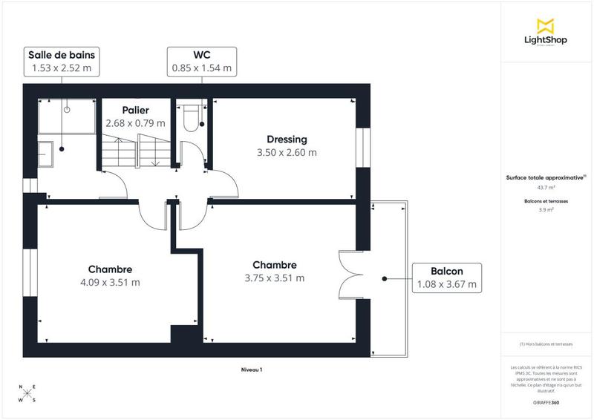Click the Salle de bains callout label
point(62,62)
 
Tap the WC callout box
point(202,62)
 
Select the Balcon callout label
point(447,278)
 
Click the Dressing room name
point(287,140)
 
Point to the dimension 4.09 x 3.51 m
point(110,282)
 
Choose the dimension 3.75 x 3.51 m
point(275,278)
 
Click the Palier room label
point(135,111)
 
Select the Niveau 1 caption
point(252,369)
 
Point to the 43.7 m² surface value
point(546,188)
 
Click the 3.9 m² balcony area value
point(546,210)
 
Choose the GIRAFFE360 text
point(546,402)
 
